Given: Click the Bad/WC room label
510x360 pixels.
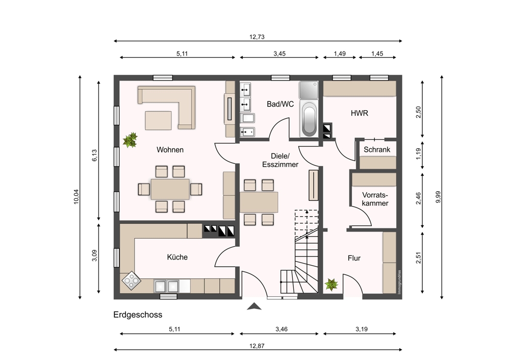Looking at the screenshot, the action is pyautogui.click(x=280, y=104).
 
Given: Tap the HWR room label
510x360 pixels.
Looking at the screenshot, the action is pyautogui.click(x=360, y=113).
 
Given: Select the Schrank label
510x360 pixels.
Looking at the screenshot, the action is pyautogui.click(x=377, y=149).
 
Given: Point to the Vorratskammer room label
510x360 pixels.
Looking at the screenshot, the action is pyautogui.click(x=375, y=199).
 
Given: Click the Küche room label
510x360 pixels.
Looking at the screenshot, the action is pyautogui.click(x=177, y=257).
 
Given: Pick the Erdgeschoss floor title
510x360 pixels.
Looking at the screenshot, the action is pyautogui.click(x=138, y=315).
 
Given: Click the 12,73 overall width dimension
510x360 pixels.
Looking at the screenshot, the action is pyautogui.click(x=257, y=37).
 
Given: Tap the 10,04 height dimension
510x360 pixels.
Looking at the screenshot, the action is pyautogui.click(x=76, y=196).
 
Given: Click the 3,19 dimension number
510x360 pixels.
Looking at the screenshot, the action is pyautogui.click(x=362, y=329).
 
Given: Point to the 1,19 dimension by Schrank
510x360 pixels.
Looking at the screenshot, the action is pyautogui.click(x=418, y=153).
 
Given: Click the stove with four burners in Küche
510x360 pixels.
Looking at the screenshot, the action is pyautogui.click(x=131, y=280).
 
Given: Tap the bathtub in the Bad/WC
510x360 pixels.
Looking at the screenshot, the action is pyautogui.click(x=309, y=119).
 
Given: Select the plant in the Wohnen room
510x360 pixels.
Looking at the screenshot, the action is pyautogui.click(x=131, y=140).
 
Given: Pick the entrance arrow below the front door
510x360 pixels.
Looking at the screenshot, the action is pyautogui.click(x=254, y=306).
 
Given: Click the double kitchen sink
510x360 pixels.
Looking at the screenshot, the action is pyautogui.click(x=167, y=286).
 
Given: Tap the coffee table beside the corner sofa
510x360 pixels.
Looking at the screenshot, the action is pyautogui.click(x=158, y=120).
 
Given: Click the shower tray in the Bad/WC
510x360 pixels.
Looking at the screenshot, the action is pyautogui.click(x=309, y=90).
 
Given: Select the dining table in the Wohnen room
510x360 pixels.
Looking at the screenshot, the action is pyautogui.click(x=170, y=189).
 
